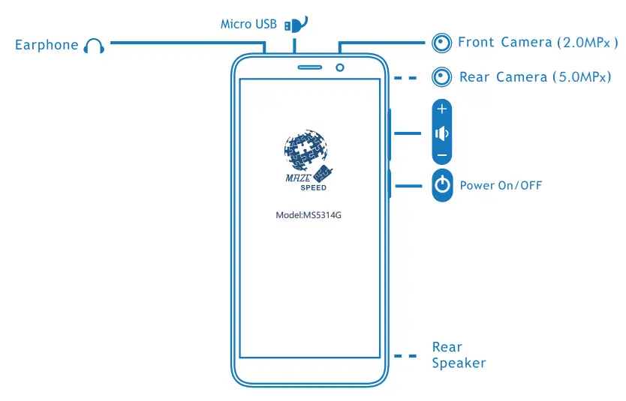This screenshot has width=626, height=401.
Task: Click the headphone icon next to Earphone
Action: click(94, 46)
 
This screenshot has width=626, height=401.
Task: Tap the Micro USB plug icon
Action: click(292, 24)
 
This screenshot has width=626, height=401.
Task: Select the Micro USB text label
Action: click(247, 24)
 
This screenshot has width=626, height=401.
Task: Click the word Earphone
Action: click(47, 45)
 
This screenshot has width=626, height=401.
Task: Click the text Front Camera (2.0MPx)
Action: click(537, 43)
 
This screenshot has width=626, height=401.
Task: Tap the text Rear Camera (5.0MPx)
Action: click(535, 76)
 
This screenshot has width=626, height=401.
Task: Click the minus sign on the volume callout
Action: click(442, 155)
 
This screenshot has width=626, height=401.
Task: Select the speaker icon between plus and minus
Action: click(442, 133)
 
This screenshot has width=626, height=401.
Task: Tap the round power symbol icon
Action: click(443, 184)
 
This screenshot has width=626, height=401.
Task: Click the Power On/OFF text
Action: click(501, 185)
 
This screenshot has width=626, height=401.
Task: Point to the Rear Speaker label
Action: click(459, 355)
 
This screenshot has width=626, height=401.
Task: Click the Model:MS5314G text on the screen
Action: click(314, 215)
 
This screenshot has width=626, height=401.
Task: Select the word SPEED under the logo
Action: click(313, 187)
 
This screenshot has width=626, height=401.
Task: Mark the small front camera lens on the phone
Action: click(341, 68)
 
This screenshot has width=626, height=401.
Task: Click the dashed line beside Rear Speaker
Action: click(405, 356)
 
